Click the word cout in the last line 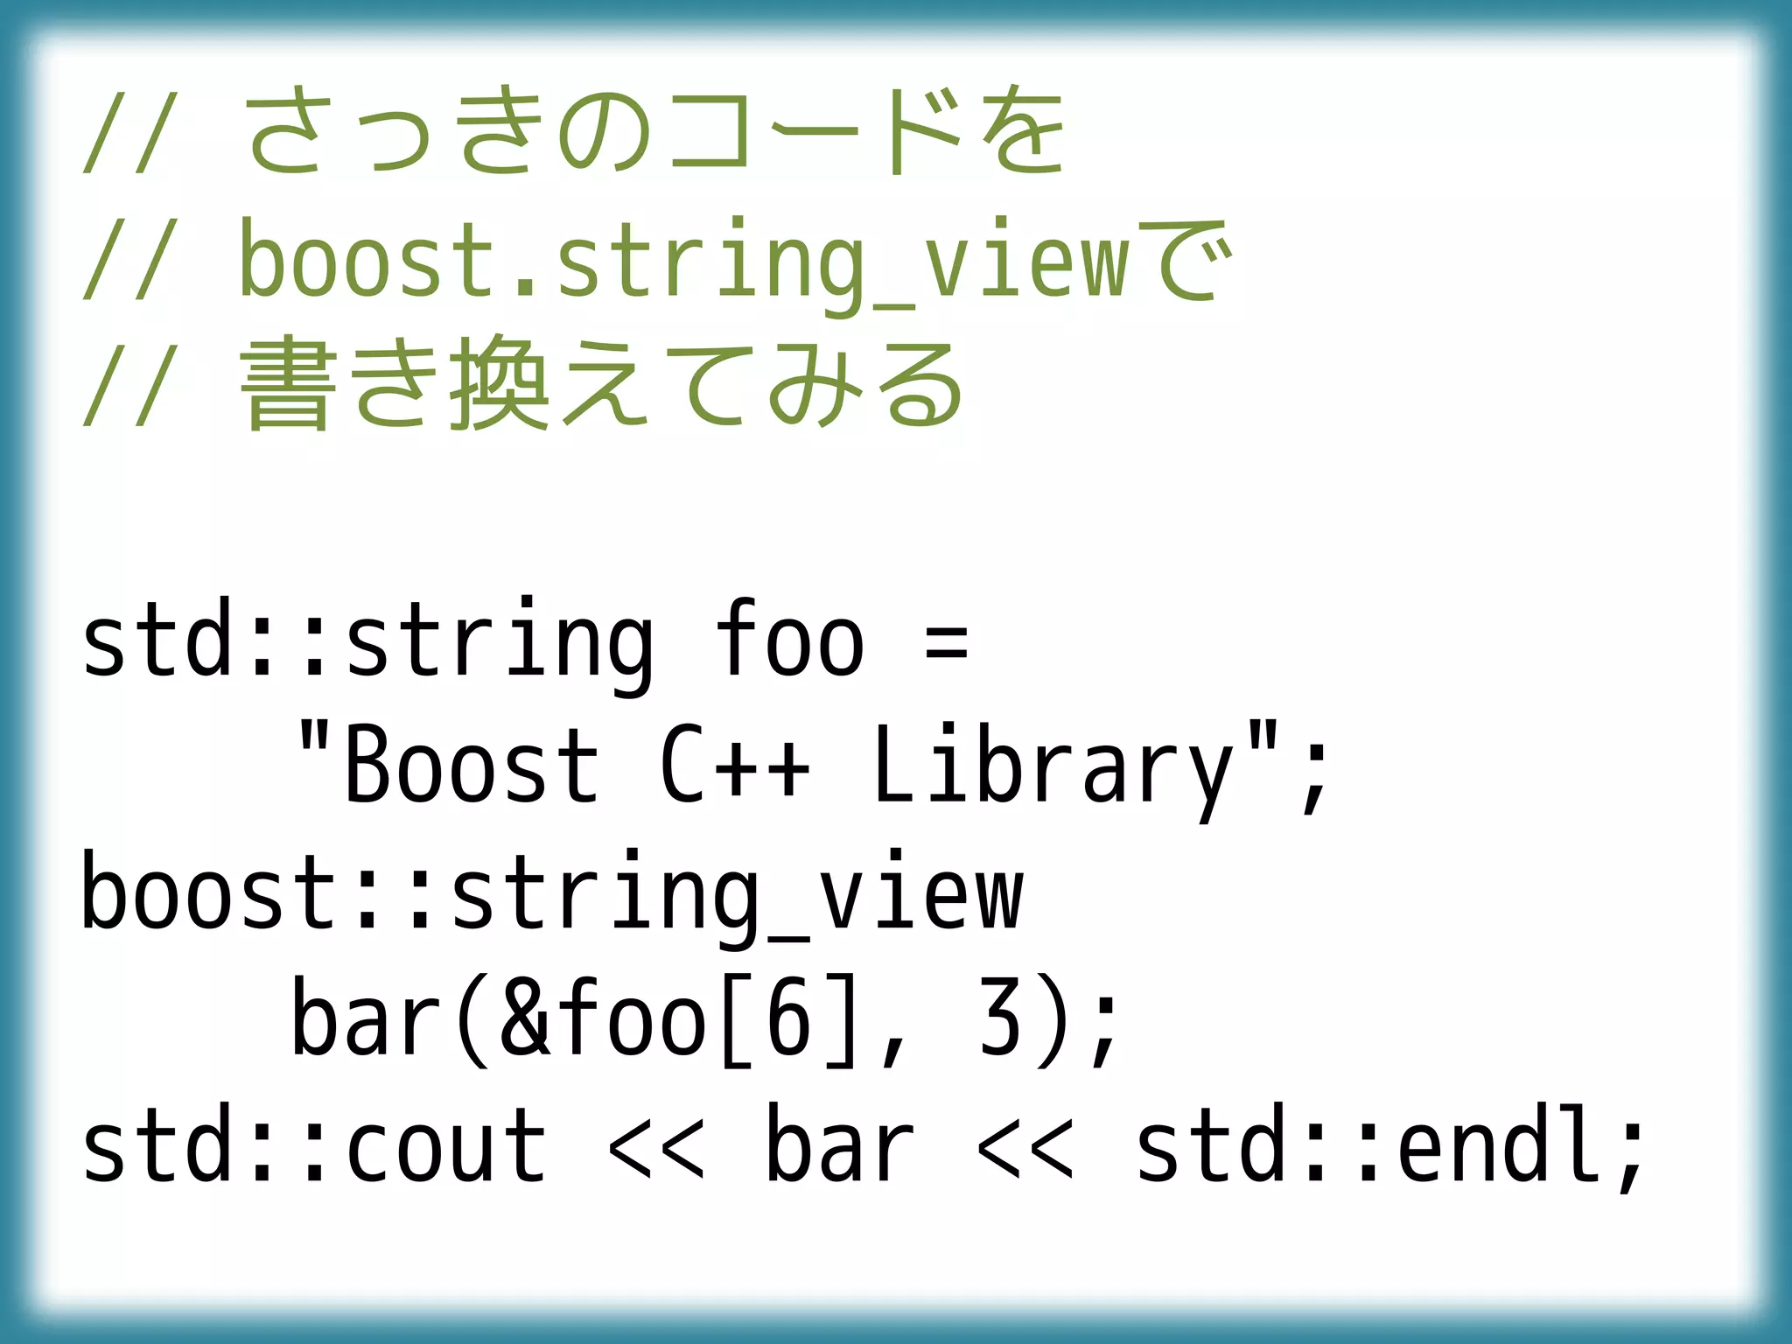[446, 1146]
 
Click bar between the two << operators [840, 1146]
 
